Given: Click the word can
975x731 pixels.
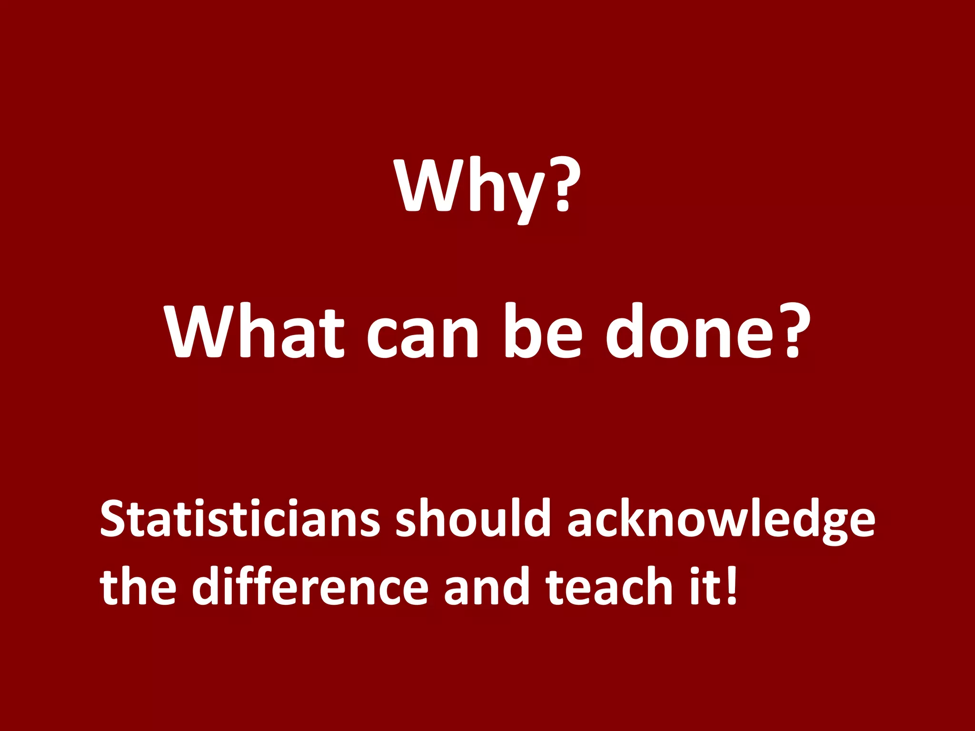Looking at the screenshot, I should pos(422,336).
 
